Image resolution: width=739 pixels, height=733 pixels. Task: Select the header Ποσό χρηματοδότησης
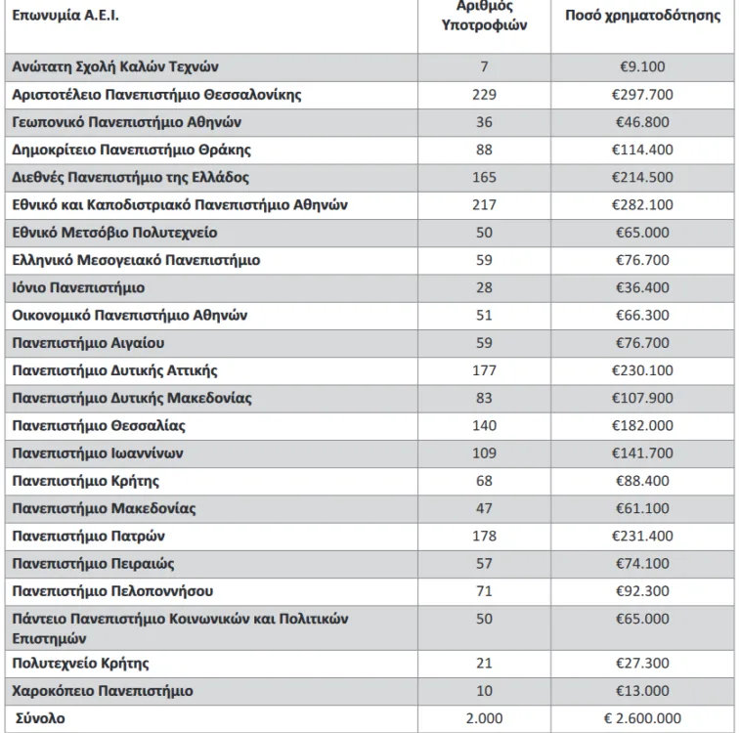(x=642, y=17)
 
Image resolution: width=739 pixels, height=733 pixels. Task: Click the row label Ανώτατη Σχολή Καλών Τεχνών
(x=115, y=67)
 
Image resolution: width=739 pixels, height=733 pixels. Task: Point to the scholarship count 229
(x=483, y=95)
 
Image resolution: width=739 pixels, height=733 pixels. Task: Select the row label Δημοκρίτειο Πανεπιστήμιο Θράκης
(x=132, y=150)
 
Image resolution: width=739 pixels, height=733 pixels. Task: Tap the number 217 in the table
(x=483, y=205)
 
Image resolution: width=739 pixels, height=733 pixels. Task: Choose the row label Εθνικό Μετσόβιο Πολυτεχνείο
(x=115, y=233)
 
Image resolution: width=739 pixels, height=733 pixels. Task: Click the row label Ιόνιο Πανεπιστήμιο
(x=79, y=288)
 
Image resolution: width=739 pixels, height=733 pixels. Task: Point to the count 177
(x=483, y=370)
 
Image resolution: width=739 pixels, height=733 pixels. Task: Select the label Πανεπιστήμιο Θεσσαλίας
(x=99, y=426)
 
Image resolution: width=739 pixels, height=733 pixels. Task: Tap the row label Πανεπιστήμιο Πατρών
(x=89, y=537)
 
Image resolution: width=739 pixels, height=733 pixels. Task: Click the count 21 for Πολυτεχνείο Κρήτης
(x=483, y=664)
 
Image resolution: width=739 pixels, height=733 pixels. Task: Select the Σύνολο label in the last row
(x=39, y=718)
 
